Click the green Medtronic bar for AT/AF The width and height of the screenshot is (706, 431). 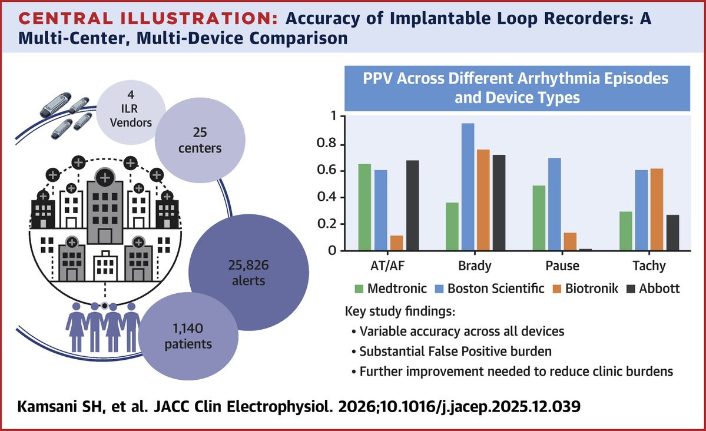[365, 207]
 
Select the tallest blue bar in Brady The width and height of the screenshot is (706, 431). [468, 187]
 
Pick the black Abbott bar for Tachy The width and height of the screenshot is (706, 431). [672, 233]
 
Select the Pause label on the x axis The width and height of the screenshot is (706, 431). [562, 266]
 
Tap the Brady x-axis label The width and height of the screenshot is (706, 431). [475, 266]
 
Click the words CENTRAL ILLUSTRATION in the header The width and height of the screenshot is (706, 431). [142, 19]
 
